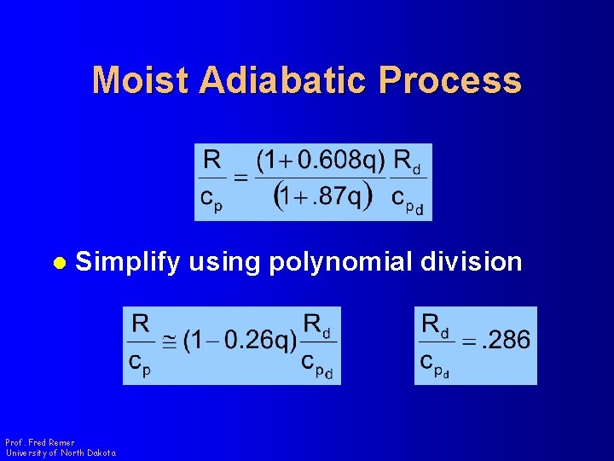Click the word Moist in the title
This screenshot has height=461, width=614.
coord(141,80)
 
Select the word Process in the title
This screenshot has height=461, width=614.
coord(450,80)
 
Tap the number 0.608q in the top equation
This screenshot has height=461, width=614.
coord(333,160)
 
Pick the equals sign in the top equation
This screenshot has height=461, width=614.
coord(240,178)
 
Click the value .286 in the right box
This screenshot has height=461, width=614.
coord(507,341)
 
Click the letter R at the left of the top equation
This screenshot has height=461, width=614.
coord(212,160)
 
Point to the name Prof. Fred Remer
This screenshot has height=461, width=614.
coord(40,443)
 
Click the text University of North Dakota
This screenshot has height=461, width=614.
coord(61,452)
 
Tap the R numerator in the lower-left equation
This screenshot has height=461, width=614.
coord(141,324)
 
